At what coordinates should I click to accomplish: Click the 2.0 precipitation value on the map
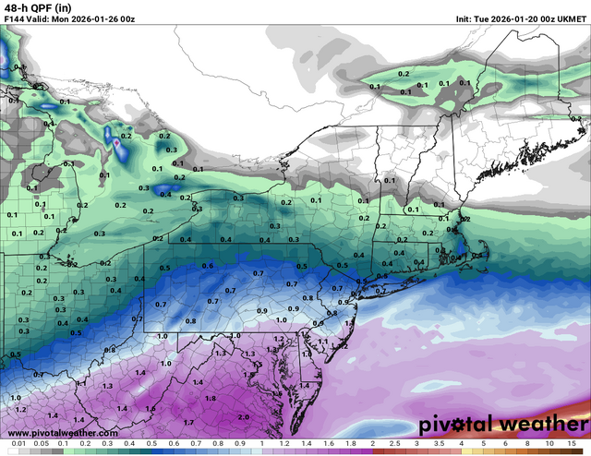244,416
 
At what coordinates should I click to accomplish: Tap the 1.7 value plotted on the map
188,422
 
